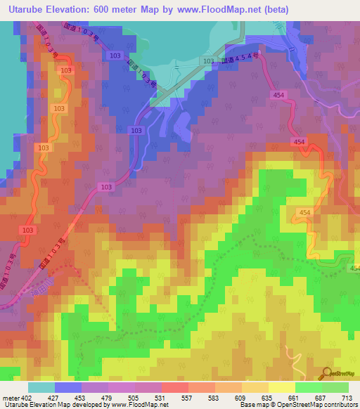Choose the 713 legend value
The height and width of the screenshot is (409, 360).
pyautogui.click(x=346, y=398)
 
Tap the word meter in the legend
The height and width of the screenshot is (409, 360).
pyautogui.click(x=8, y=398)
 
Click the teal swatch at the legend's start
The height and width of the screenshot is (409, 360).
pyautogui.click(x=41, y=387)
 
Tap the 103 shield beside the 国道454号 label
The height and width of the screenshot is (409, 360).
pyautogui.click(x=208, y=62)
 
